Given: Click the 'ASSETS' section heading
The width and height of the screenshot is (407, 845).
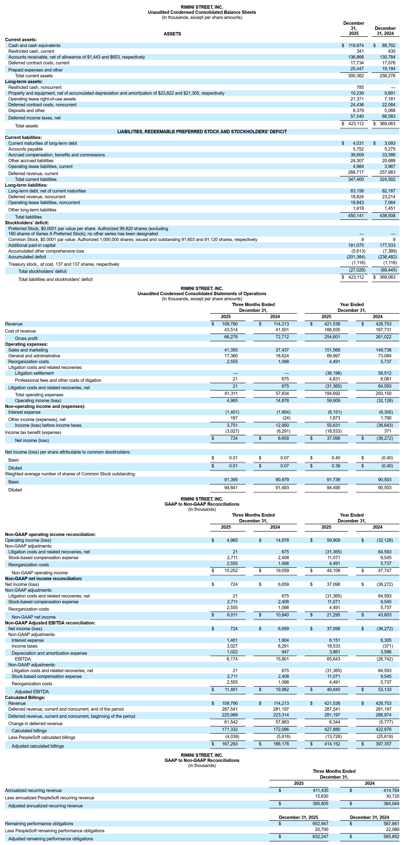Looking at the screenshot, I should click(172, 34).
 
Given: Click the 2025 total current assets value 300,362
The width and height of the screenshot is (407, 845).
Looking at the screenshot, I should click(356, 76).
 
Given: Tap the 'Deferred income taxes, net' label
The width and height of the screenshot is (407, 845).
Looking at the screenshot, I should click(35, 118).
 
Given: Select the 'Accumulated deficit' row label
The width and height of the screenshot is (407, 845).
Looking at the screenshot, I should click(27, 257).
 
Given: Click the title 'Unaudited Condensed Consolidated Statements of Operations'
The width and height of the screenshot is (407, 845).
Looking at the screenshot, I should click(202, 294).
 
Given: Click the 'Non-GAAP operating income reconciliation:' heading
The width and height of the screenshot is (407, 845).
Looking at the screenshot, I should click(50, 535).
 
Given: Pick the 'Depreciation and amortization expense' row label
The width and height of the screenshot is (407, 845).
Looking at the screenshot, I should click(49, 653).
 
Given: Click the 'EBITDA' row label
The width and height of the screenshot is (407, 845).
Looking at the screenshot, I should click(23, 659).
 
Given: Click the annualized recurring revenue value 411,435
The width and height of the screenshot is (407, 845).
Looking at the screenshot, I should click(320, 791).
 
